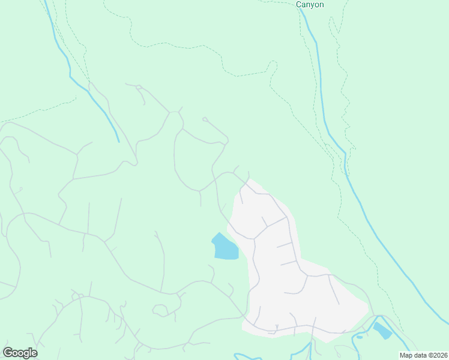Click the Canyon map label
[310, 4]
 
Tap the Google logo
[20, 353]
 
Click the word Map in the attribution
[407, 355]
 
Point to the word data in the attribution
[422, 355]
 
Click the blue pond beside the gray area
[225, 248]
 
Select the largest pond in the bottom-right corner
[382, 330]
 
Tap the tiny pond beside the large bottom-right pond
[360, 337]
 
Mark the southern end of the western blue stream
[119, 142]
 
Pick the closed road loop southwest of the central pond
[160, 310]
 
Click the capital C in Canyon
[299, 4]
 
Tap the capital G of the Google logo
[7, 352]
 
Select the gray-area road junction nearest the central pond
[254, 238]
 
